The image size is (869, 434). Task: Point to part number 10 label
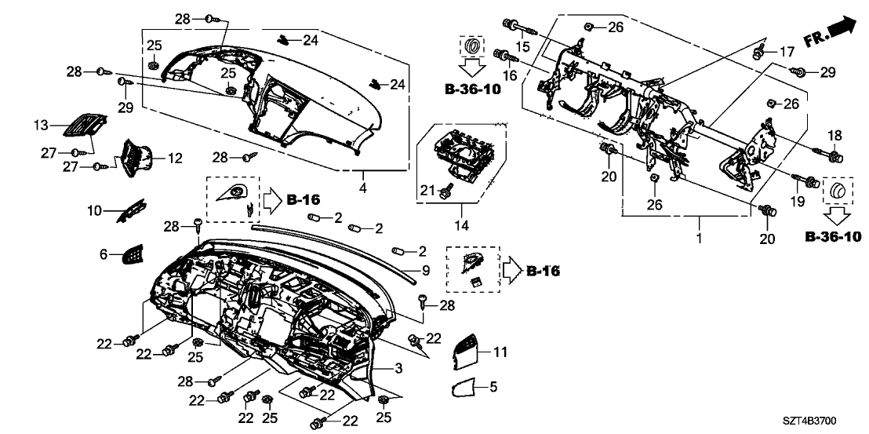tap(95, 210)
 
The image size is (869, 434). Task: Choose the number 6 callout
tap(103, 253)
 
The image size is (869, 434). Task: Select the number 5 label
tap(493, 386)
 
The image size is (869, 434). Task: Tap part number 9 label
tap(426, 271)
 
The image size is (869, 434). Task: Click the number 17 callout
tap(787, 52)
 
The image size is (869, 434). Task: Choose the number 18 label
tap(834, 134)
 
